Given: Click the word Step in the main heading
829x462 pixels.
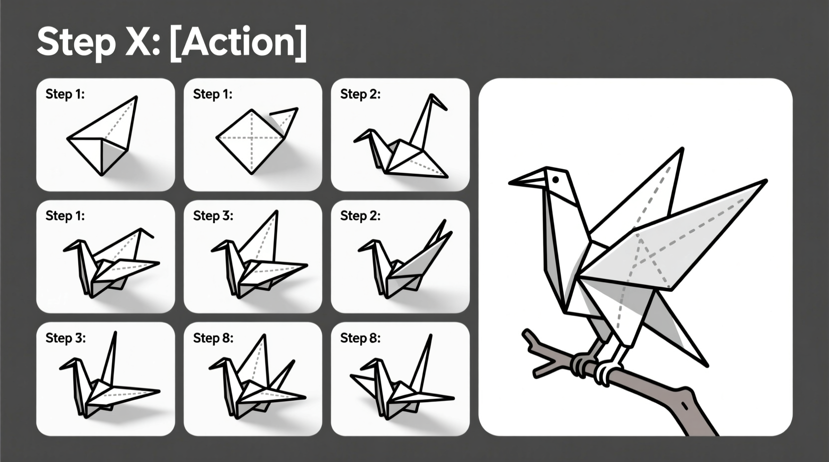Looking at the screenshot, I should [x=75, y=42].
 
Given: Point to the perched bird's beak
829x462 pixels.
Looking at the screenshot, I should [x=527, y=181].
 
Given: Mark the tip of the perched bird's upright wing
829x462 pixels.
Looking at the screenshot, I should [x=681, y=149].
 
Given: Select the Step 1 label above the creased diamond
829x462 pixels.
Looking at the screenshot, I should [x=213, y=94].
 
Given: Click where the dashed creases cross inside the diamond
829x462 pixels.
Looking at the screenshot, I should [x=252, y=137].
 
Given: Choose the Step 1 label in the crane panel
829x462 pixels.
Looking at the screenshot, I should [x=65, y=216].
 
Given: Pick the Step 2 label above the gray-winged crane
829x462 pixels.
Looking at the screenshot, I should [x=360, y=216].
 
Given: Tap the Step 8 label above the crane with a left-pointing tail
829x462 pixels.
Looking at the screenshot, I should [x=360, y=338].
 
